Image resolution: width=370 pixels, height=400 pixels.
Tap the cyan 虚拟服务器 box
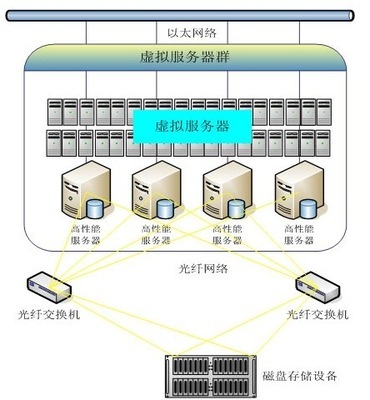193,127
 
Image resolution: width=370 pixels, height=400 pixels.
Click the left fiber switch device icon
48,287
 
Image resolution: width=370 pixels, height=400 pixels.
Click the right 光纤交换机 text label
318,315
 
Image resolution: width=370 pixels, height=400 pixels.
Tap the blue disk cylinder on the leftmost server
96,211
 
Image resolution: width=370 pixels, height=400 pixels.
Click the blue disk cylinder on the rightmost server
309,211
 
